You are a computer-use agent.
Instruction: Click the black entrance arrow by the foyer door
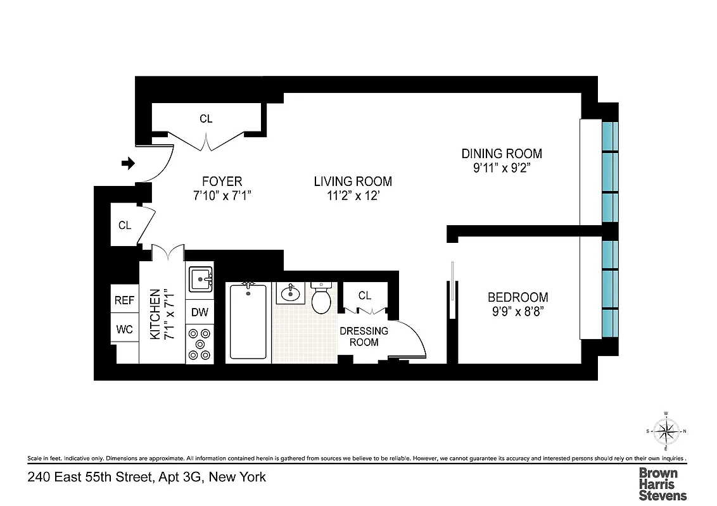pos(129,164)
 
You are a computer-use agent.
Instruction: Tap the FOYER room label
pos(218,182)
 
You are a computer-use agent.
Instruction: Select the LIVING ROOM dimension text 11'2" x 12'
pos(353,196)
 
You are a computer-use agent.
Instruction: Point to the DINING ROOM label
pos(501,154)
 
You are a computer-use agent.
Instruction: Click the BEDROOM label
pos(517,297)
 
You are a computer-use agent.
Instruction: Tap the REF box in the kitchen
pos(124,300)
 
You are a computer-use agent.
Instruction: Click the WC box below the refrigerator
pos(124,329)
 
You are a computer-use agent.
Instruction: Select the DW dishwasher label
pos(200,312)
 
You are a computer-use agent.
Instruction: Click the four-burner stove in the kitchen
pos(200,343)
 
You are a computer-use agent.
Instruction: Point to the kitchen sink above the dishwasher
pos(200,278)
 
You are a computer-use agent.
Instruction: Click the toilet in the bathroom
pos(322,297)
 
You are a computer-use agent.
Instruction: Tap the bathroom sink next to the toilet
pos(291,293)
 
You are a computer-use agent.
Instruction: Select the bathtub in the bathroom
pos(248,321)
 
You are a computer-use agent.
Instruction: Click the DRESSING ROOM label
pos(364,336)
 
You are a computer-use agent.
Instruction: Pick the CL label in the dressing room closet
pos(364,295)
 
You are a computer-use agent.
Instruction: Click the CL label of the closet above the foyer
pos(206,118)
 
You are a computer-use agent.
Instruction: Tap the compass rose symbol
pos(666,432)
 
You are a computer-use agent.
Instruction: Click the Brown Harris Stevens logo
pos(662,484)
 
